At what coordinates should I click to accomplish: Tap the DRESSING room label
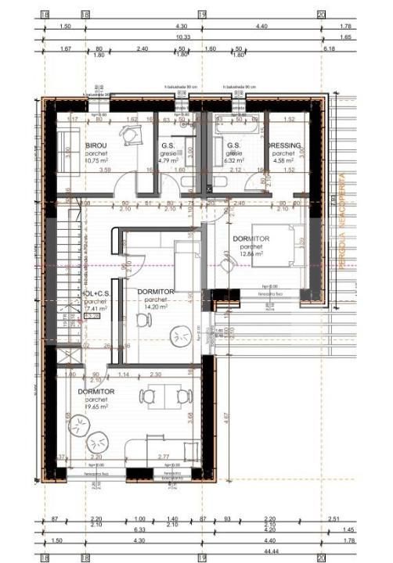[283, 145]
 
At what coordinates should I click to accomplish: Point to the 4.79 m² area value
[168, 161]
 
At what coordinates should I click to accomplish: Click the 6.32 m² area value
[234, 162]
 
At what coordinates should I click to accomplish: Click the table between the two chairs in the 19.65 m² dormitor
[163, 397]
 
